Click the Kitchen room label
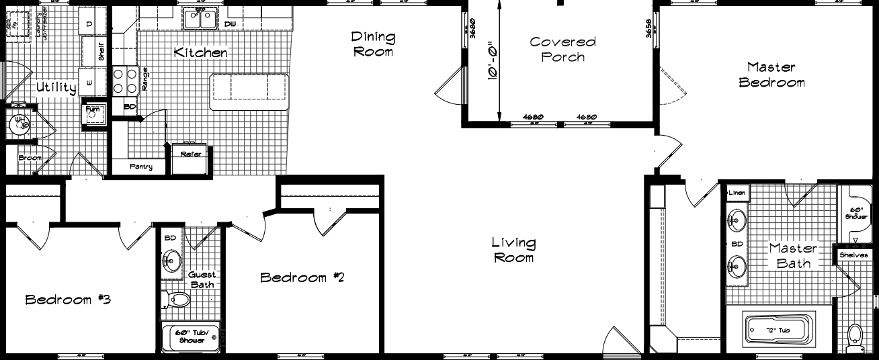tap(200, 52)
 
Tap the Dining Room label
tap(373, 44)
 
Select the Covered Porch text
tap(562, 49)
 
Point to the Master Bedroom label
tap(771, 75)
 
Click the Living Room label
tap(513, 250)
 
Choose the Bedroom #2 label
tap(302, 277)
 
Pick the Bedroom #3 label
tap(67, 300)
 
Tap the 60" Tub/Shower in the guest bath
tap(192, 336)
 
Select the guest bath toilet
tap(176, 299)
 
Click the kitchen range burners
tap(125, 81)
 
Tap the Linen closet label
tap(737, 193)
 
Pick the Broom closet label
tap(30, 159)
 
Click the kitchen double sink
tap(200, 20)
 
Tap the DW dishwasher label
tap(230, 25)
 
